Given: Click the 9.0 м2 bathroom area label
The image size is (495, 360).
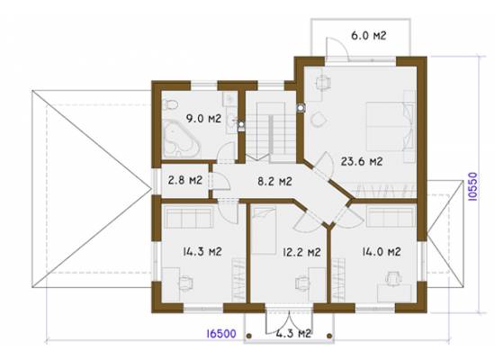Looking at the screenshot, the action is pos(203,119).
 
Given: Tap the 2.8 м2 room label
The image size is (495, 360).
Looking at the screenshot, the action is pos(185,180).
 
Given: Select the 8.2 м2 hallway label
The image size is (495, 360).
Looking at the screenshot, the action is pos(274,181).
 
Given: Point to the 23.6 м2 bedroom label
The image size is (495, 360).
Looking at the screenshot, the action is pos(362,161).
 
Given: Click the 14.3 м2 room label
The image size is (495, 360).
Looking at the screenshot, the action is pos(202,251).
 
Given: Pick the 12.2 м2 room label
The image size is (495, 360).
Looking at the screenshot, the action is pos(301,252).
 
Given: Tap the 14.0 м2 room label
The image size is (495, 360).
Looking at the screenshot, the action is pos(382,251).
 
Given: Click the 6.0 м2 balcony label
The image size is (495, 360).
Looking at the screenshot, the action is pos(369,35).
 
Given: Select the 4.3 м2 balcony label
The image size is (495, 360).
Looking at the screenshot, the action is pos(293,333).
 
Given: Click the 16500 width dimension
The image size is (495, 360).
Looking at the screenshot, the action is pos(221,334).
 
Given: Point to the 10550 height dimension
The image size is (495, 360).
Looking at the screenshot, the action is pos(472,186).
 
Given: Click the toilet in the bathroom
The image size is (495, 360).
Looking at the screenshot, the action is pos(170,104).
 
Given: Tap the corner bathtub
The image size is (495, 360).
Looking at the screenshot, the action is pos(181,139).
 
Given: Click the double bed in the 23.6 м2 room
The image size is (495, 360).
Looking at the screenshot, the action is pos(391,126).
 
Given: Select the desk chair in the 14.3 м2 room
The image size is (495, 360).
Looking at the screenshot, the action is pos(185,283).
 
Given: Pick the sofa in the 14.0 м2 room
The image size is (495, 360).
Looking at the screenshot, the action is pos(391,217).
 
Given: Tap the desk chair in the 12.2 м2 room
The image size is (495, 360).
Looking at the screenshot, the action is pos(302,283).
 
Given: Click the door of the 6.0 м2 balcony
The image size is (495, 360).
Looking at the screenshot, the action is pos(337,49).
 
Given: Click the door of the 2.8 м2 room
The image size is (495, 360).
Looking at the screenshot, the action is pos(220,181).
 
